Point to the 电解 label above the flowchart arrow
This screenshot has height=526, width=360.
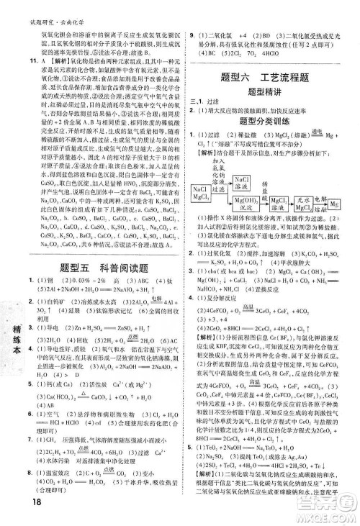pyautogui.click(x=321, y=197)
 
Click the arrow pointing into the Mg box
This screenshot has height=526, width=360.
pyautogui.click(x=321, y=204)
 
